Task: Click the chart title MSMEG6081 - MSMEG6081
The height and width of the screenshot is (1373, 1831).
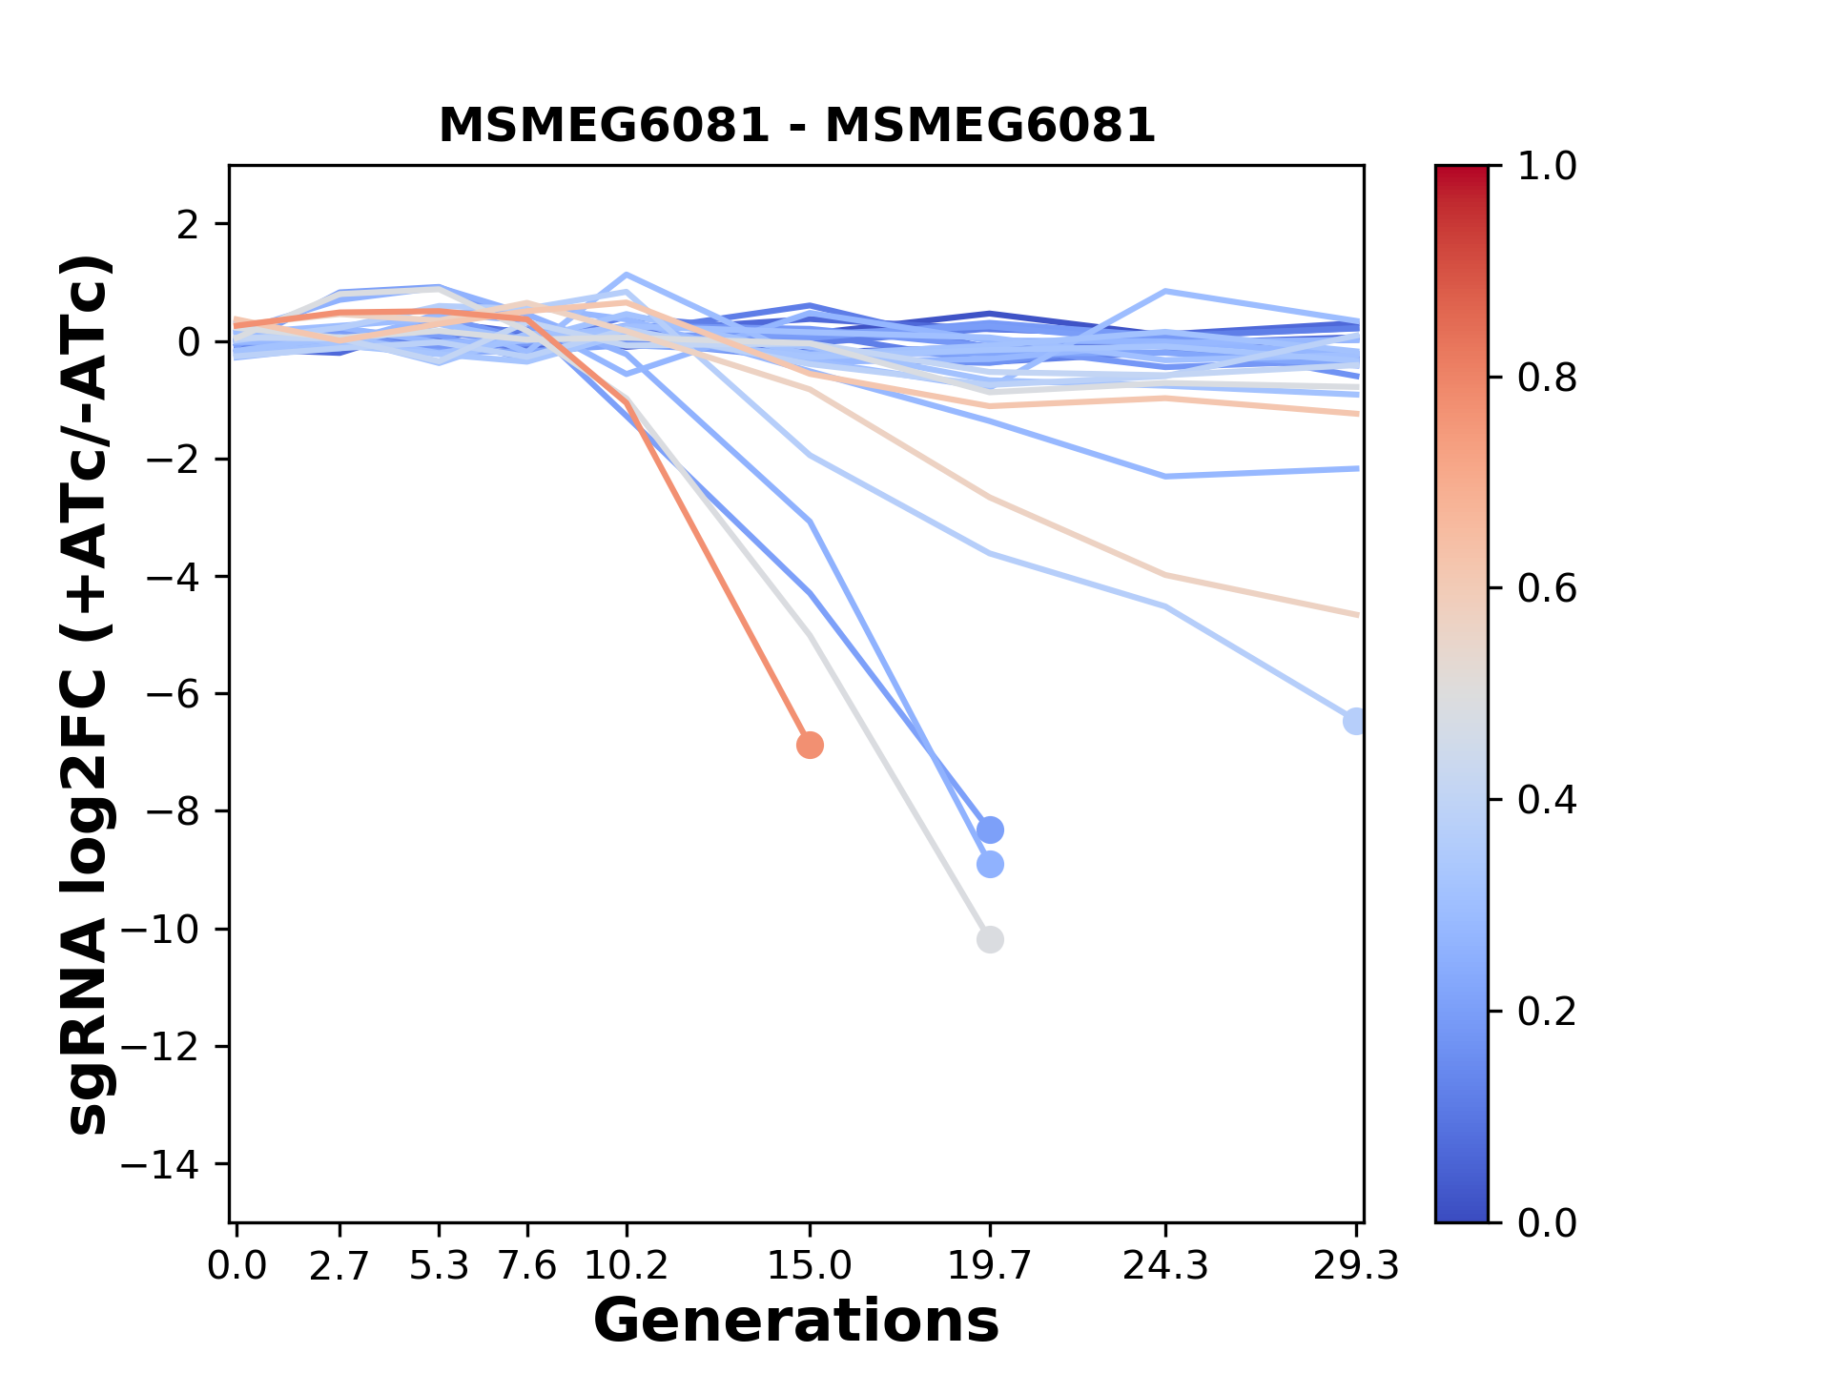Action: tap(796, 126)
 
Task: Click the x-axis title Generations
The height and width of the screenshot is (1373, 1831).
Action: tap(796, 1322)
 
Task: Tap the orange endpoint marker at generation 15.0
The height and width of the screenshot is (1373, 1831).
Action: tap(810, 745)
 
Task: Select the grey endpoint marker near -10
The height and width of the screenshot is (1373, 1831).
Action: tap(990, 939)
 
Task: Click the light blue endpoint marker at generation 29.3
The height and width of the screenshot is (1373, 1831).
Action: tap(1354, 721)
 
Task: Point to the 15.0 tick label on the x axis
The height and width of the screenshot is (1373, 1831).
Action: tap(810, 1266)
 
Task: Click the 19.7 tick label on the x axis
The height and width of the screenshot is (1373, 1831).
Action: tap(990, 1266)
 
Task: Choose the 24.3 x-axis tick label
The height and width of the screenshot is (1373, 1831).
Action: tap(1165, 1266)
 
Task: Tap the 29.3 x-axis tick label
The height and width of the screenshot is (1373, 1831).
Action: tap(1356, 1266)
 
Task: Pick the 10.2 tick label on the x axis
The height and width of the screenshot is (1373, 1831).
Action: tap(626, 1266)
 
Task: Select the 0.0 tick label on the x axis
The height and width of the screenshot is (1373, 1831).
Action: tap(237, 1266)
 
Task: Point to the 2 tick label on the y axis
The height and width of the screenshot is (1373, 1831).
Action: tap(189, 224)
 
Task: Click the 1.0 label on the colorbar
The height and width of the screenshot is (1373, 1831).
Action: tap(1547, 167)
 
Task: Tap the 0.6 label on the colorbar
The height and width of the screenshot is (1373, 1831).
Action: tap(1547, 588)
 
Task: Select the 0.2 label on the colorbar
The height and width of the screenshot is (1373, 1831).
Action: tap(1547, 1011)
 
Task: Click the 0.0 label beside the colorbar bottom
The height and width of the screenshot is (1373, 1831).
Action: tap(1547, 1222)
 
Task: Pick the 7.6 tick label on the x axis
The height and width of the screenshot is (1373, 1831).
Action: tap(527, 1266)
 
